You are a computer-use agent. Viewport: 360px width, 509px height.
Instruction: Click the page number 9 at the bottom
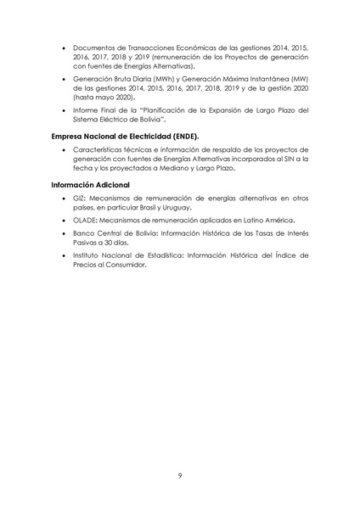click(x=180, y=475)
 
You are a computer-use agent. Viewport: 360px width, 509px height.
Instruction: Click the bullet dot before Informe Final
click(x=65, y=110)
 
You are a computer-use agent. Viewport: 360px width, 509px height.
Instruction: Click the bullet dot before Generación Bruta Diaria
click(x=65, y=78)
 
